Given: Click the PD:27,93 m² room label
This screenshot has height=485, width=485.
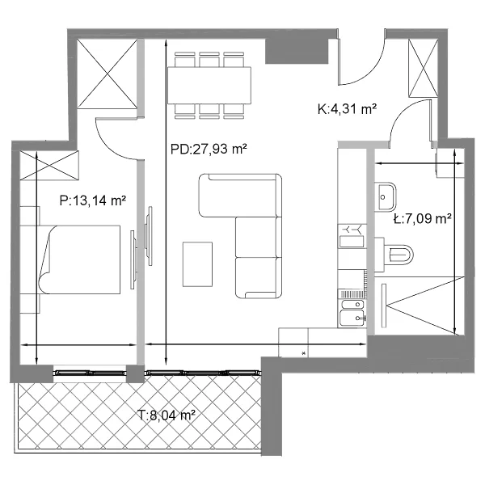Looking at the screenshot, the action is (209, 149).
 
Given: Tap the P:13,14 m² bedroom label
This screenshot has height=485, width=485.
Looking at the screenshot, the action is (93, 200).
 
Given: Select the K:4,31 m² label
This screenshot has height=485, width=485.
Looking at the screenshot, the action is (347, 109).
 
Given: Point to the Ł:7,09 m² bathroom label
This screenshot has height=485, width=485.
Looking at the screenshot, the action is (423, 219).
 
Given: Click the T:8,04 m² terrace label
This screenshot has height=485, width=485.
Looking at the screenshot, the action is (167, 415).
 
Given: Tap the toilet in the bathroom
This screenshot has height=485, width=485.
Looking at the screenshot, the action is (394, 255).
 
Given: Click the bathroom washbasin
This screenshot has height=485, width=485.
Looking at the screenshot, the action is (386, 197).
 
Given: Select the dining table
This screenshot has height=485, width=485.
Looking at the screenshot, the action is (209, 86).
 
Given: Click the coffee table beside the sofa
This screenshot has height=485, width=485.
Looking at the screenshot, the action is (197, 264).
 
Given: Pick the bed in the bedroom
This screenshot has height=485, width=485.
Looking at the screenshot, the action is (79, 259).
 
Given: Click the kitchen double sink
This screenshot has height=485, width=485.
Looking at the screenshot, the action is (352, 313).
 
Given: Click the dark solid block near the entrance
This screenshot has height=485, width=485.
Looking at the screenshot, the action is (297, 51).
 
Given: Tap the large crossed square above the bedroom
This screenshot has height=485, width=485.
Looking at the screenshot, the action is (107, 74).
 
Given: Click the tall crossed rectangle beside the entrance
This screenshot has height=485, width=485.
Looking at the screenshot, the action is (424, 69).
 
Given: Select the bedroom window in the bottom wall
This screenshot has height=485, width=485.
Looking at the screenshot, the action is (90, 373).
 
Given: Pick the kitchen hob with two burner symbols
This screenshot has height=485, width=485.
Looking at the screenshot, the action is (352, 236).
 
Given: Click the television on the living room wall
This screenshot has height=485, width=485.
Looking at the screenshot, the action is (150, 236).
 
